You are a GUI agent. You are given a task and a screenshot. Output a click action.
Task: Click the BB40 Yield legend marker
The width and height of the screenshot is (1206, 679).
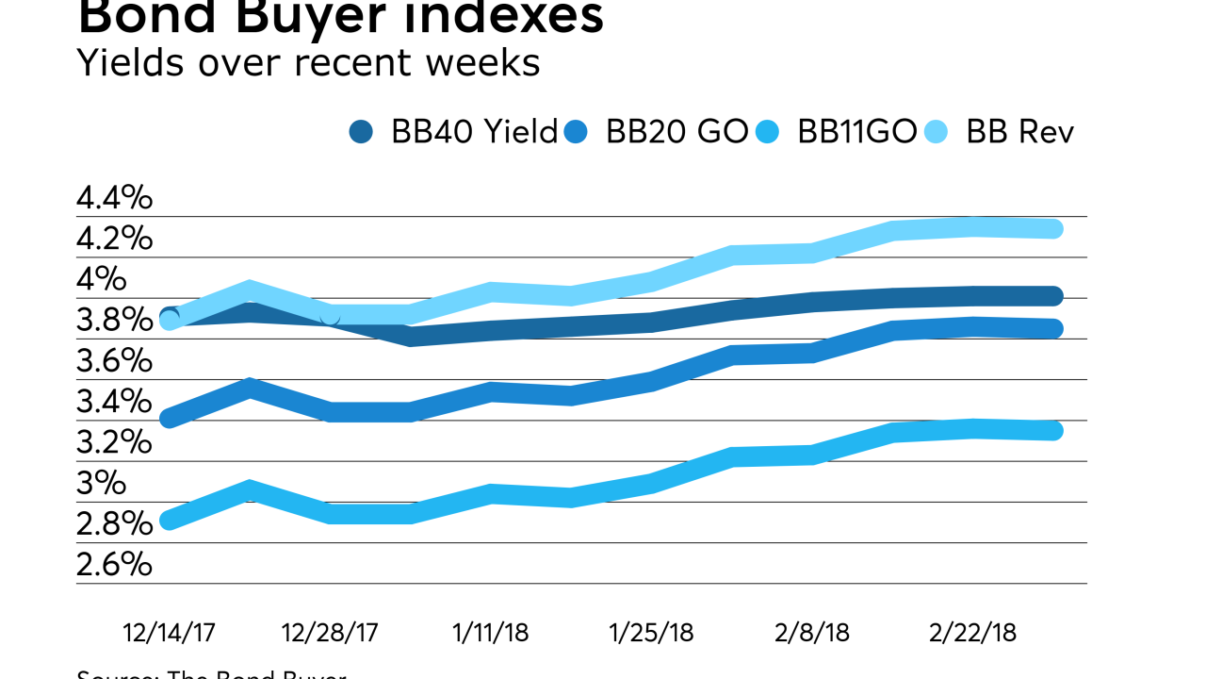[361, 132]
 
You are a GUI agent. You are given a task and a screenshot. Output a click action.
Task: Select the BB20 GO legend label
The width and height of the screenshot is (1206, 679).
[676, 132]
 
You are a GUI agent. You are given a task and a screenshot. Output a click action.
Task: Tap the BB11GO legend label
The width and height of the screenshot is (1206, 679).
[856, 132]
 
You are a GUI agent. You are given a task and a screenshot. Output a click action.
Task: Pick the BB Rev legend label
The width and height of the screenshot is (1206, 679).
[1019, 132]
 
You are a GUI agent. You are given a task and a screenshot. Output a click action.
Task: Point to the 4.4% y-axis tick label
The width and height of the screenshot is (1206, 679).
[114, 198]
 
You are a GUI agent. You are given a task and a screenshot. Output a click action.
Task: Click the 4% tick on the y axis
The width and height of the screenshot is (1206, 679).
[101, 279]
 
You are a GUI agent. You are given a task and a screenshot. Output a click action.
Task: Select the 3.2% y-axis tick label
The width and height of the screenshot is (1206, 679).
[114, 442]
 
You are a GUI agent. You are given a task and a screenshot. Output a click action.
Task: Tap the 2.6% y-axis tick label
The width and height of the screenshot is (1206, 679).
[114, 565]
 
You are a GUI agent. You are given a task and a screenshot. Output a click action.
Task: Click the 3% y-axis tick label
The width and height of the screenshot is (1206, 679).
[101, 483]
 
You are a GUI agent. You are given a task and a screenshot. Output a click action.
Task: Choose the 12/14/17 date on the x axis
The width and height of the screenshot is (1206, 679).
[169, 632]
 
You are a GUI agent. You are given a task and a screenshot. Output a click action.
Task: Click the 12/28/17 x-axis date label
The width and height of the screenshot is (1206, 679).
[330, 632]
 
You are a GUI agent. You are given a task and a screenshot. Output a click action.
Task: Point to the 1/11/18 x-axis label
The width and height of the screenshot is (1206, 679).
[490, 632]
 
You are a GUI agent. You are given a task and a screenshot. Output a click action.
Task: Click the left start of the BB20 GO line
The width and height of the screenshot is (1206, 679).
[170, 418]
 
